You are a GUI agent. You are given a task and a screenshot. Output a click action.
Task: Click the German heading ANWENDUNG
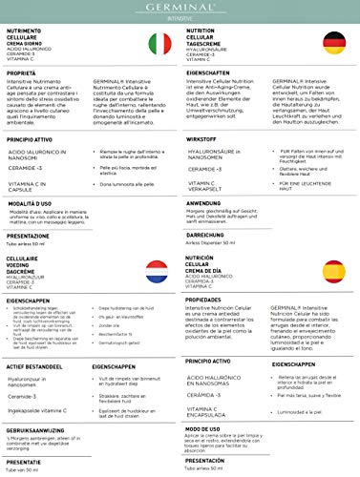tap(203, 202)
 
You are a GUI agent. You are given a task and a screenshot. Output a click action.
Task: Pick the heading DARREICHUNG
tap(206, 234)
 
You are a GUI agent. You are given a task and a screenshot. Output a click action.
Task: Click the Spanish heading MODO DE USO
tap(204, 429)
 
